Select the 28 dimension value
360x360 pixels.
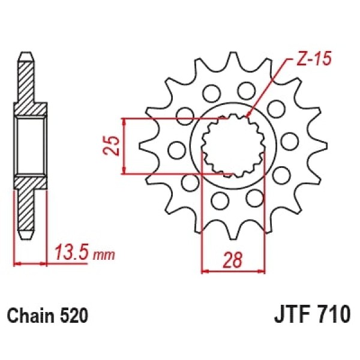coord(233,260)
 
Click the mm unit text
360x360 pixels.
coord(104,256)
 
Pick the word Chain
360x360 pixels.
coord(31,316)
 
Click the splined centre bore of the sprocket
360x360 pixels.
coord(233,146)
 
